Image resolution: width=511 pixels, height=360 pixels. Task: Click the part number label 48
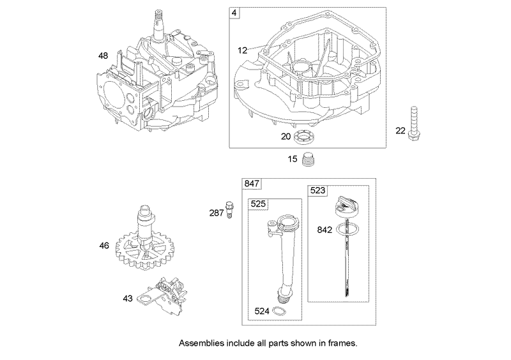tap(103, 56)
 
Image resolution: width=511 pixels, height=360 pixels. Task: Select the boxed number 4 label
tap(236, 13)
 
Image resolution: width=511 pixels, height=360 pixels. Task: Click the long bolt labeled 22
tap(419, 130)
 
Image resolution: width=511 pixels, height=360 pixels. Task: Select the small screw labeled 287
tap(231, 208)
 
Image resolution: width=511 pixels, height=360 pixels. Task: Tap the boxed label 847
tap(252, 183)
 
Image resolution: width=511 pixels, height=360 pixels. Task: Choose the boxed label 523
tap(318, 190)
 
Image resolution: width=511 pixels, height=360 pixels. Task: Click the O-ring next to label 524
tap(279, 311)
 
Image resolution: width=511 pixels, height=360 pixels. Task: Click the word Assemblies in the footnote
tap(201, 342)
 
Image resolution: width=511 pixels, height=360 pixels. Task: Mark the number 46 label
tap(104, 245)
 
